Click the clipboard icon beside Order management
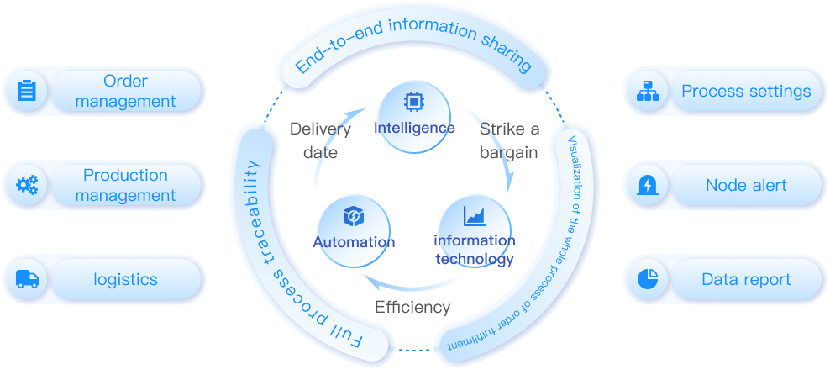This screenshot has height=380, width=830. [27, 91]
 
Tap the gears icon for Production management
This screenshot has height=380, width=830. [27, 185]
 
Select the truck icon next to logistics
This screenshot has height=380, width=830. [27, 279]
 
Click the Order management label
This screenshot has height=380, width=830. [125, 91]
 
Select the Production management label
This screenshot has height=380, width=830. [125, 185]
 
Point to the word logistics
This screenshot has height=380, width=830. [125, 279]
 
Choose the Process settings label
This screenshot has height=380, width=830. [746, 91]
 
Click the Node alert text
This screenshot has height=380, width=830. [746, 185]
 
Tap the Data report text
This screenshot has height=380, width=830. [746, 279]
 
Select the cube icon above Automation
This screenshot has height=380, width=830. [353, 217]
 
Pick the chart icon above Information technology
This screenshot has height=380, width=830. [475, 216]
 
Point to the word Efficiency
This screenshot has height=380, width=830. [412, 307]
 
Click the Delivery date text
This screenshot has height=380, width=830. [320, 140]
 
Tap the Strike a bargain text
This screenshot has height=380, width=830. [510, 140]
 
